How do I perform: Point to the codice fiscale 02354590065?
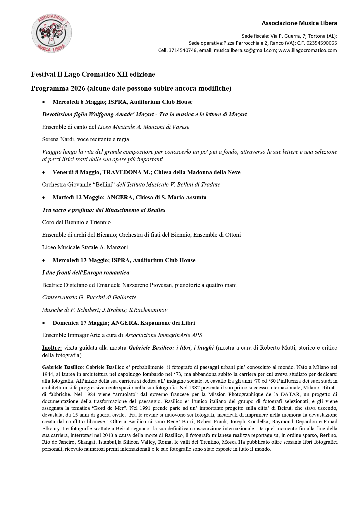coord(321,43)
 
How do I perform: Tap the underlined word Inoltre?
coord(52,348)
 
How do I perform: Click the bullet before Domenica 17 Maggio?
coord(44,323)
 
